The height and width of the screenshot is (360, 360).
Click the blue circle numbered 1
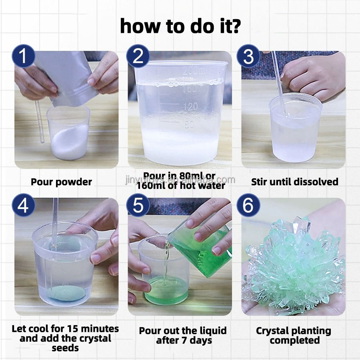(x=24, y=56)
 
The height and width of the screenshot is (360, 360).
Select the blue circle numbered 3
(x=248, y=56)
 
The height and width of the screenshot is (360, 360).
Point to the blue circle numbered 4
(x=24, y=205)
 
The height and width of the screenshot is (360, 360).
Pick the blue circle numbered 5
(x=138, y=205)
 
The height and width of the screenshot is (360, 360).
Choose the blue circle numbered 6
(x=248, y=205)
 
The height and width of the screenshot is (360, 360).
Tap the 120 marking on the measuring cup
(x=190, y=106)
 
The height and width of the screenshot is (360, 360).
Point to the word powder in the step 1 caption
(x=74, y=182)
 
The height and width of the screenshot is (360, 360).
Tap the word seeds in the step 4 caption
(x=65, y=348)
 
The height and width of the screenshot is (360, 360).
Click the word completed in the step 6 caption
(x=295, y=340)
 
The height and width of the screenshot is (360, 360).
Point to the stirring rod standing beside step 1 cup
(x=40, y=122)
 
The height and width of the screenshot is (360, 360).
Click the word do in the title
(x=203, y=26)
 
